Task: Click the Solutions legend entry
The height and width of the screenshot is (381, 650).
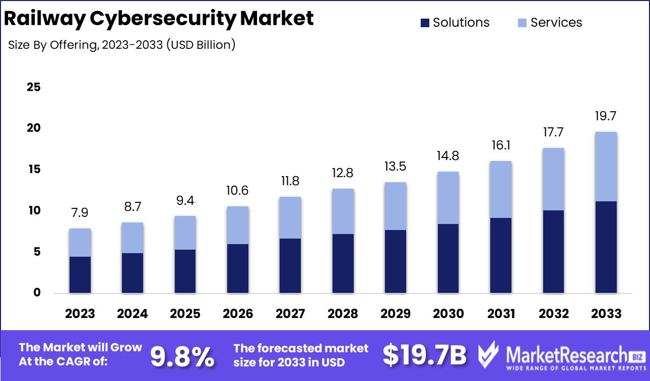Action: pos(454,23)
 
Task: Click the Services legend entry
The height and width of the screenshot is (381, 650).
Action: pos(549,23)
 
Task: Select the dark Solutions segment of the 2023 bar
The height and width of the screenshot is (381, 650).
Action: pos(80,275)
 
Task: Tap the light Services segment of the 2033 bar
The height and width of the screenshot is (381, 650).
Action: pos(606,167)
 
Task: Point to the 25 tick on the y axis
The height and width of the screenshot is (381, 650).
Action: pos(33,87)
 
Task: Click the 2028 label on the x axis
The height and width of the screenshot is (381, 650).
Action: pos(343,314)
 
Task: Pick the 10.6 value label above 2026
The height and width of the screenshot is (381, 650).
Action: pos(238,191)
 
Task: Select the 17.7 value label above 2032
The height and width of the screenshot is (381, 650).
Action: pos(553,132)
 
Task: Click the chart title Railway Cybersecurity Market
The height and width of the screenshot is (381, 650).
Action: pos(159,19)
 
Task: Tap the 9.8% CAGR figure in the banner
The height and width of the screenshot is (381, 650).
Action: pos(182,356)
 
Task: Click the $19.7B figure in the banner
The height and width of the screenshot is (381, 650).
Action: pos(424,355)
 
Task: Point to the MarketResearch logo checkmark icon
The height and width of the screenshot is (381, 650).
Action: pos(489,355)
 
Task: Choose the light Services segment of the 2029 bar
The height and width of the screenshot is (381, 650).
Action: pos(396,206)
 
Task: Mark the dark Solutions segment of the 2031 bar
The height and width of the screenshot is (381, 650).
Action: pos(501,255)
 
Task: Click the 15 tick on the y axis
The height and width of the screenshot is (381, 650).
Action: pos(33,170)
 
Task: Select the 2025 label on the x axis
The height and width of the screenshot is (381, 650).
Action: pos(185,314)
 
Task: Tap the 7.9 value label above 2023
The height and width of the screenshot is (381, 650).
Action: pos(80,213)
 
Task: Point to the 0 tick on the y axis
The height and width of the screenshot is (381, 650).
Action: pos(37,293)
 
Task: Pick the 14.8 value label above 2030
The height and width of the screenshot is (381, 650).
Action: pos(448,156)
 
